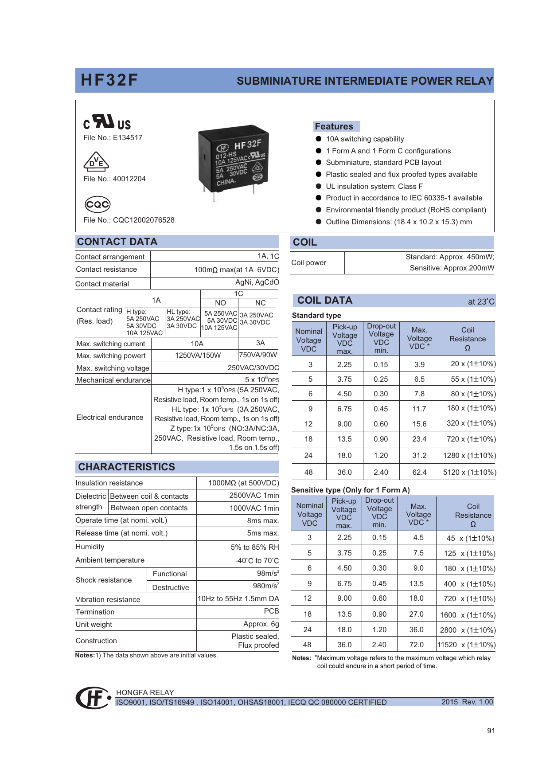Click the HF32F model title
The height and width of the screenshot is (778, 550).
click(109, 80)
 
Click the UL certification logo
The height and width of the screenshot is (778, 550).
click(107, 122)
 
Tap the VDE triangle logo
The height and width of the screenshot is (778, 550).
click(96, 162)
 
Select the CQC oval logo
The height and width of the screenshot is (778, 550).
click(98, 204)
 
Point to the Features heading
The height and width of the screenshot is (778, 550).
click(334, 126)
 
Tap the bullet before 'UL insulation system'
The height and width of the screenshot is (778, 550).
click(318, 186)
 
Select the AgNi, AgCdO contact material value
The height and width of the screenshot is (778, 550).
click(257, 282)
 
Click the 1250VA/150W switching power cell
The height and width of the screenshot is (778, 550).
click(198, 355)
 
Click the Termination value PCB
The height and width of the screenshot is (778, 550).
click(271, 611)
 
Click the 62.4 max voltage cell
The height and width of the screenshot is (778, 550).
click(419, 472)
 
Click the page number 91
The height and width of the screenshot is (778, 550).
click(491, 731)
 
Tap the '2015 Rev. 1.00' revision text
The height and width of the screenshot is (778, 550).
click(467, 702)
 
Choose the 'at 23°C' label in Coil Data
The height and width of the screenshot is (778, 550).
click(481, 302)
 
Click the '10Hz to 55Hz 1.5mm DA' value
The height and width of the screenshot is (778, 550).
click(238, 599)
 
